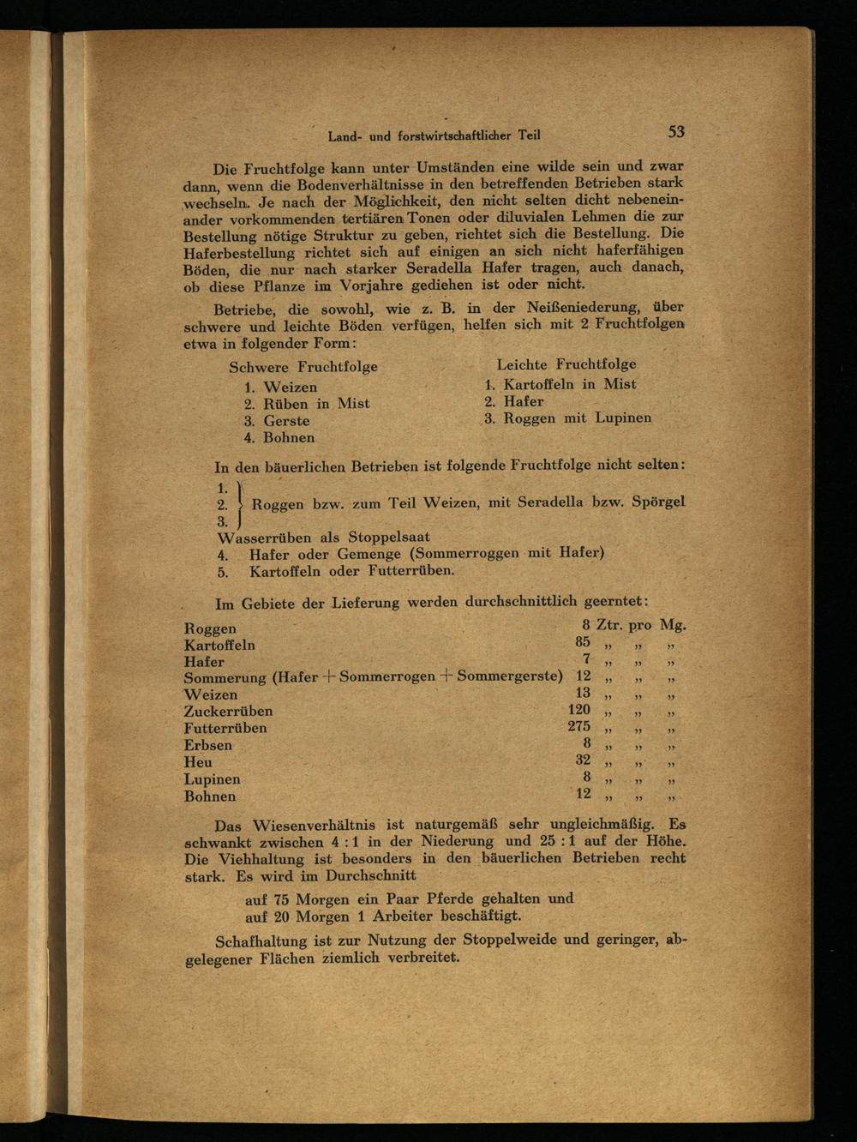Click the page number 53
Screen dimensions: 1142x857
pos(676,131)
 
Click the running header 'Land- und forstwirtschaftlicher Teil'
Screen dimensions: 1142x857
pos(434,135)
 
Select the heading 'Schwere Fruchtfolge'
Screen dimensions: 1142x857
pos(303,367)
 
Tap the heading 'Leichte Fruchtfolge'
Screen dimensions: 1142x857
pos(566,364)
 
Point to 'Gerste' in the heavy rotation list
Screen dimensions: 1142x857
pos(286,421)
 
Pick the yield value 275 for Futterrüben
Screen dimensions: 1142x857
pos(578,726)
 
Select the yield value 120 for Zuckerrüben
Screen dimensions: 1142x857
pos(579,709)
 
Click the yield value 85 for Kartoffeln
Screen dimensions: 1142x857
pos(583,642)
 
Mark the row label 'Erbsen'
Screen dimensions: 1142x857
pos(207,745)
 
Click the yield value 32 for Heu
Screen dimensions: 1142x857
pos(583,760)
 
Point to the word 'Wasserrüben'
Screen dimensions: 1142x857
pos(265,538)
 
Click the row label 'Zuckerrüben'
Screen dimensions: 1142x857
pos(228,712)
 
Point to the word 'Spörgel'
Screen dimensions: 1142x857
pos(657,502)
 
